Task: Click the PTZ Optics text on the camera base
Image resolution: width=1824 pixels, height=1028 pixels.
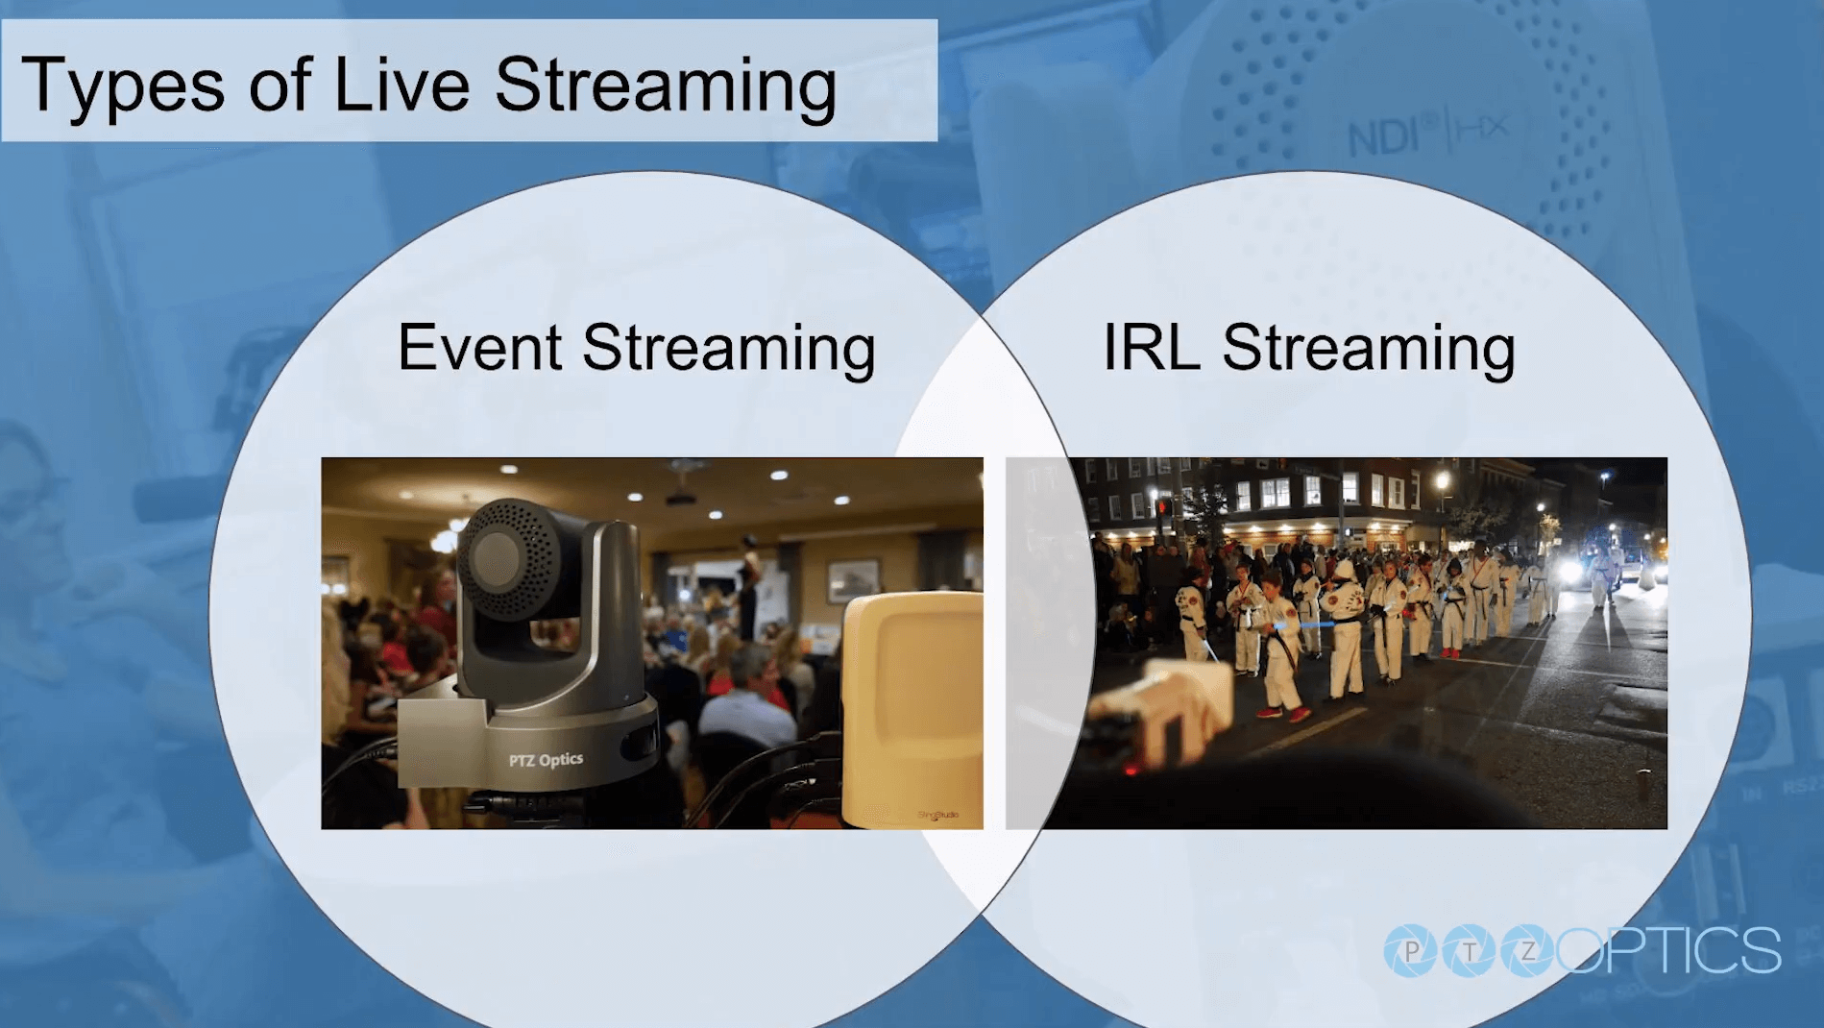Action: click(546, 760)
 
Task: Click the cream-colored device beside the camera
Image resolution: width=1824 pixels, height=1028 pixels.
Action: click(912, 710)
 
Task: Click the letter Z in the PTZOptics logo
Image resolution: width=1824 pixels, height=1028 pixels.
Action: click(1528, 951)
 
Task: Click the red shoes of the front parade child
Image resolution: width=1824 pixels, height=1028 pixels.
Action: click(1283, 714)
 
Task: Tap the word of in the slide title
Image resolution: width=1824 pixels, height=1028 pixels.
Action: click(280, 84)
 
